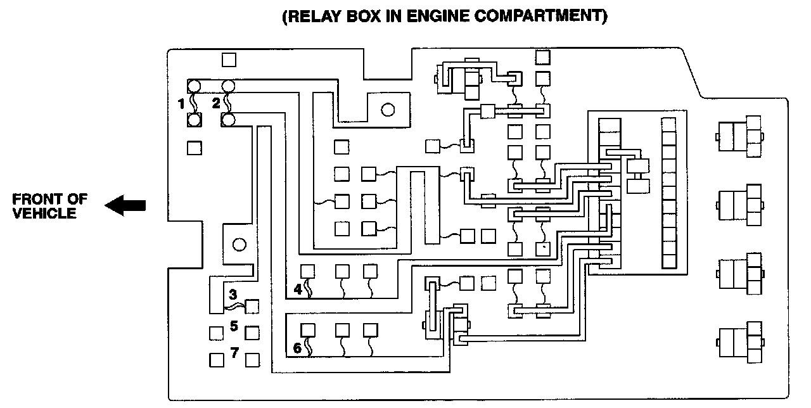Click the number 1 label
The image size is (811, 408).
(181, 104)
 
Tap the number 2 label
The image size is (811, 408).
(216, 103)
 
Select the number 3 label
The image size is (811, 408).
(233, 295)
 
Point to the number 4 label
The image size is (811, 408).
(298, 290)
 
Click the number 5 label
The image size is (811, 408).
(234, 326)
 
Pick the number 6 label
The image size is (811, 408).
(297, 348)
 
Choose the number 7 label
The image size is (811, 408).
(234, 352)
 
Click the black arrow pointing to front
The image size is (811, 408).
(125, 205)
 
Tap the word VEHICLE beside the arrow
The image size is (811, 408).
(44, 214)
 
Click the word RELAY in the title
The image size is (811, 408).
(314, 16)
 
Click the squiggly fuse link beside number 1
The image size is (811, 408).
(194, 103)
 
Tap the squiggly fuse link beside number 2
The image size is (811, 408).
(228, 103)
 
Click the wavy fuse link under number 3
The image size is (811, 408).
(235, 307)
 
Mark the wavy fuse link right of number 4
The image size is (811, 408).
(309, 288)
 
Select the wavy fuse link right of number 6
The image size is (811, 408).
(309, 347)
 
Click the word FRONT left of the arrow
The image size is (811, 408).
(35, 199)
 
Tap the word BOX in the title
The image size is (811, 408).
(363, 16)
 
